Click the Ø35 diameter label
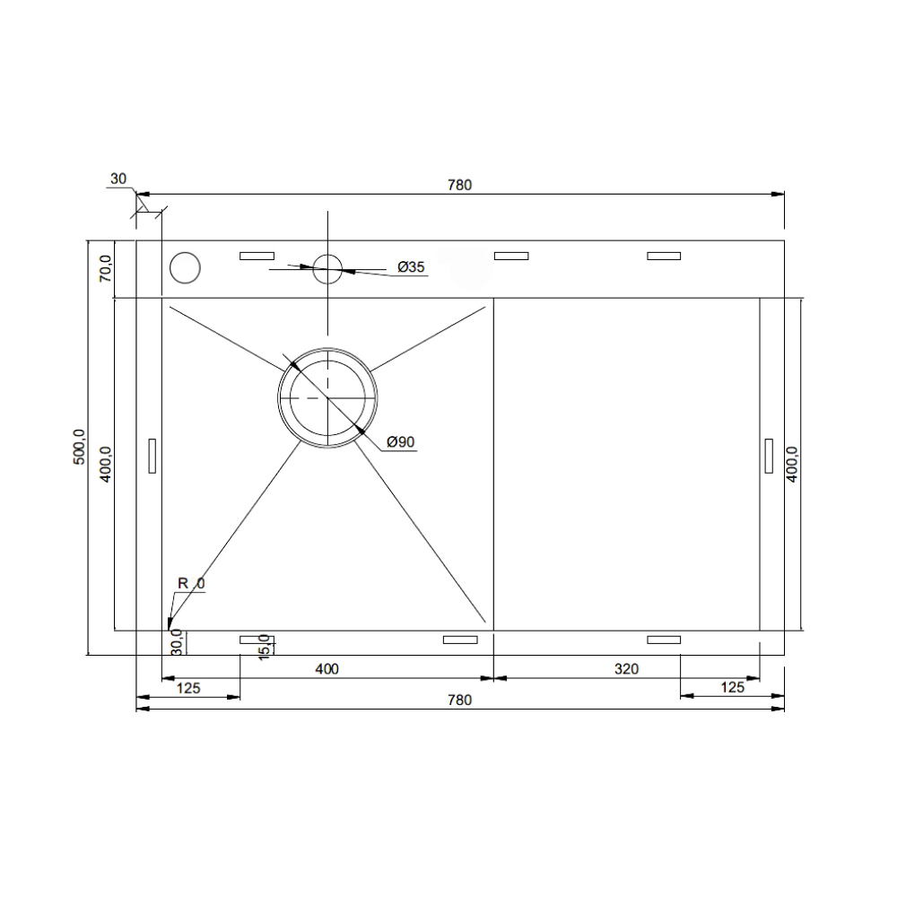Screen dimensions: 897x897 coord(412,266)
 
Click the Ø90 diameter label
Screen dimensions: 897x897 coord(400,441)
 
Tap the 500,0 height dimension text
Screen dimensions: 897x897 coord(79,446)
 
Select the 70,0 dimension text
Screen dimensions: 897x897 coord(106,269)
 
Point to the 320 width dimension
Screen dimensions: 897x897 coord(626,669)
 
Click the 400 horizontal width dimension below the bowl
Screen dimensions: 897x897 coord(327,669)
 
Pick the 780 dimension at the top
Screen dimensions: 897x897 coord(460,186)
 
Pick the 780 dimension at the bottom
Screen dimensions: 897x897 coord(460,701)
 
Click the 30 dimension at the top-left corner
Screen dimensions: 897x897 coord(118,179)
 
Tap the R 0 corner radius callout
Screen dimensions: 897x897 coord(191,584)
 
